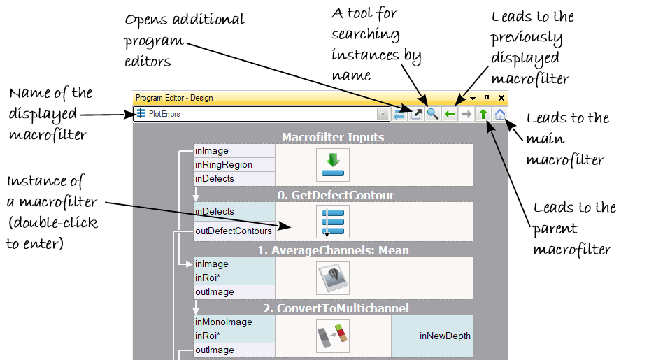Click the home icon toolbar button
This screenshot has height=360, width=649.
pyautogui.click(x=501, y=114)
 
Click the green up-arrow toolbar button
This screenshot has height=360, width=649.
pyautogui.click(x=483, y=114)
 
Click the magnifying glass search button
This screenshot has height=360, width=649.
pyautogui.click(x=433, y=114)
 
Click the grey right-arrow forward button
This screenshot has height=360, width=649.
pyautogui.click(x=466, y=114)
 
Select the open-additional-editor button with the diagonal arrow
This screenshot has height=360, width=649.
pyautogui.click(x=416, y=114)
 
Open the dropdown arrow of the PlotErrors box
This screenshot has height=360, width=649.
pyautogui.click(x=383, y=114)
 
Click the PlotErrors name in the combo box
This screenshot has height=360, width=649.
pyautogui.click(x=164, y=114)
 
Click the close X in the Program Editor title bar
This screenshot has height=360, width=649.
pyautogui.click(x=501, y=99)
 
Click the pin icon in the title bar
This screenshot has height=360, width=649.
pyautogui.click(x=488, y=99)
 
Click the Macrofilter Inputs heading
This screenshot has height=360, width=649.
pyautogui.click(x=333, y=137)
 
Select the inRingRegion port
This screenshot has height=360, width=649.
pyautogui.click(x=224, y=165)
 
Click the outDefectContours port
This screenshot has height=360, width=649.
pyautogui.click(x=234, y=231)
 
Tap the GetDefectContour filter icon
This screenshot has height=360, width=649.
pyautogui.click(x=333, y=222)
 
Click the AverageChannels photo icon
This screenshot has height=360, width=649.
pyautogui.click(x=333, y=278)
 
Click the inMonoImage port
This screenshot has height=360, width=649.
pyautogui.click(x=224, y=322)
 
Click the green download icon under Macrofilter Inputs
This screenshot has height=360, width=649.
pyautogui.click(x=333, y=165)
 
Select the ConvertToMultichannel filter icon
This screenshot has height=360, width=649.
pyautogui.click(x=333, y=336)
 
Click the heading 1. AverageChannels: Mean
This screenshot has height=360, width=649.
pyautogui.click(x=333, y=250)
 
